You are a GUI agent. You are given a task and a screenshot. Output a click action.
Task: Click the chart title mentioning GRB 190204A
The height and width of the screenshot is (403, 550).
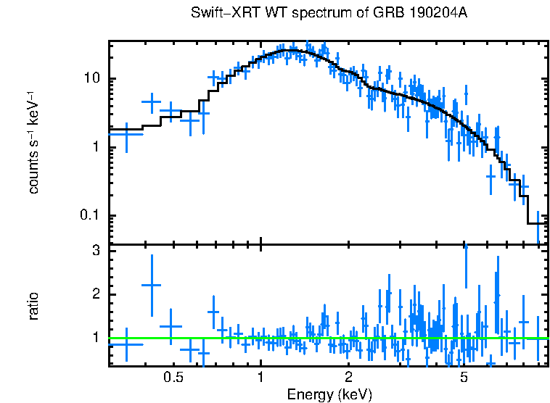[x=334, y=14]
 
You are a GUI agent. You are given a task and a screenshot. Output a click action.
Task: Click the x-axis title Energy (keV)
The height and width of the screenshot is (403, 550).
[x=329, y=394]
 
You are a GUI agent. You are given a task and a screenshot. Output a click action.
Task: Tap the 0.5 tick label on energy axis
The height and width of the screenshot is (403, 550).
[x=173, y=378]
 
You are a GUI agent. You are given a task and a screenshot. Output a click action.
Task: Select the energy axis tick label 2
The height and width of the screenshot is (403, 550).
[x=348, y=378]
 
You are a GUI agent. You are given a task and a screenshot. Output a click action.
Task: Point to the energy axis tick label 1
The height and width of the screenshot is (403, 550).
[x=260, y=378]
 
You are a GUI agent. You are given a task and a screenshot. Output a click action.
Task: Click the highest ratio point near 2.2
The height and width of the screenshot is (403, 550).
[x=151, y=286]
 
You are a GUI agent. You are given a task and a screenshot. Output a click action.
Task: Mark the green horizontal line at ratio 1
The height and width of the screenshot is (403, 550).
[x=327, y=338]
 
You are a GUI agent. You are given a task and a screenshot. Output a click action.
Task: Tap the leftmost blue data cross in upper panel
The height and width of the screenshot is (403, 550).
[x=126, y=133]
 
